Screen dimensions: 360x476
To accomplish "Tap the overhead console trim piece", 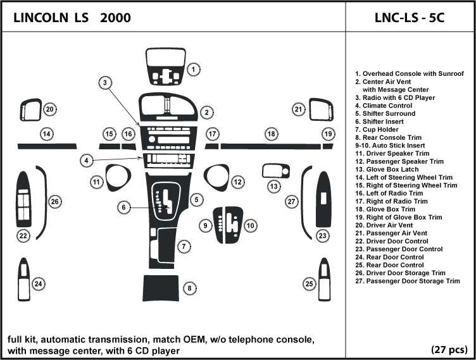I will coord(165,66).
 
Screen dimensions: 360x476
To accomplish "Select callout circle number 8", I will coord(188,289).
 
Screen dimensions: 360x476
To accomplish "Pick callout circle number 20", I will coord(49,109).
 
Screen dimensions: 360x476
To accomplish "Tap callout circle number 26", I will coord(55,202).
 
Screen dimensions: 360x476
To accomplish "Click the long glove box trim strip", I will coord(269,146).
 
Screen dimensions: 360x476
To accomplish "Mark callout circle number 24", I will coord(39,284).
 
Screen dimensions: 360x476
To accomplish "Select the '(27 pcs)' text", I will coord(449,349).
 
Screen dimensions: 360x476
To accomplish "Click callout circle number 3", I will coord(105,82).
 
